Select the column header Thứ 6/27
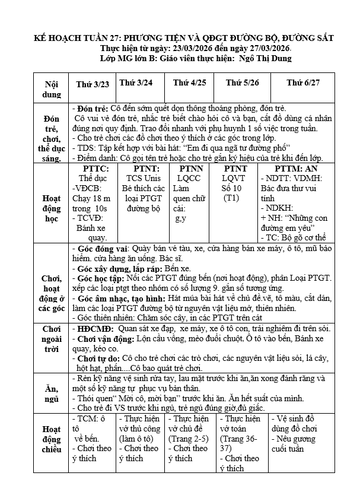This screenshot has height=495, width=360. [303, 83]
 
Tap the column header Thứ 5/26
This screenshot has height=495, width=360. [240, 83]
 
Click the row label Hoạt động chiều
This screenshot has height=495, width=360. [52, 440]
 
